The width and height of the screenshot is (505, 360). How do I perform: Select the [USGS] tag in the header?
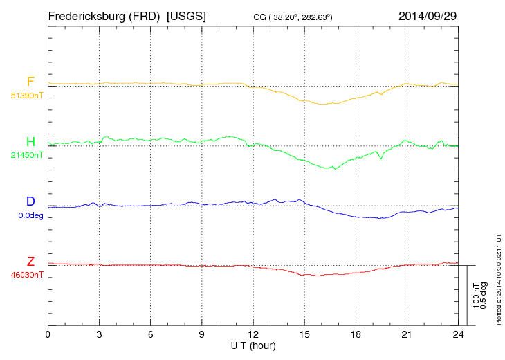[x=186, y=15]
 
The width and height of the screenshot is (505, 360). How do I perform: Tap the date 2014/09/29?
[x=428, y=15]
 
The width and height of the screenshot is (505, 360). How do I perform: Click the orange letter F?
[x=30, y=82]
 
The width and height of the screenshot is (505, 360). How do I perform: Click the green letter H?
[x=30, y=142]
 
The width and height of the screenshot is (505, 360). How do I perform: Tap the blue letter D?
[x=30, y=201]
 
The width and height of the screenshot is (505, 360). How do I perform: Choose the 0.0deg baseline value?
[x=30, y=215]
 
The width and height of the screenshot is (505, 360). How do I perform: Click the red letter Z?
[x=30, y=262]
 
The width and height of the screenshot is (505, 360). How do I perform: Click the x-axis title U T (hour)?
[x=253, y=345]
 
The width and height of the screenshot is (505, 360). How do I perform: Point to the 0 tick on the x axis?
[x=48, y=335]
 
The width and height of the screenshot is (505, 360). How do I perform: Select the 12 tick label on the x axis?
[x=253, y=335]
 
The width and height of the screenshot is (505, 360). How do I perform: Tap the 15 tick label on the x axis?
[x=304, y=335]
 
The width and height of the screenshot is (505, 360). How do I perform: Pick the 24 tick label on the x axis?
[x=458, y=335]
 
